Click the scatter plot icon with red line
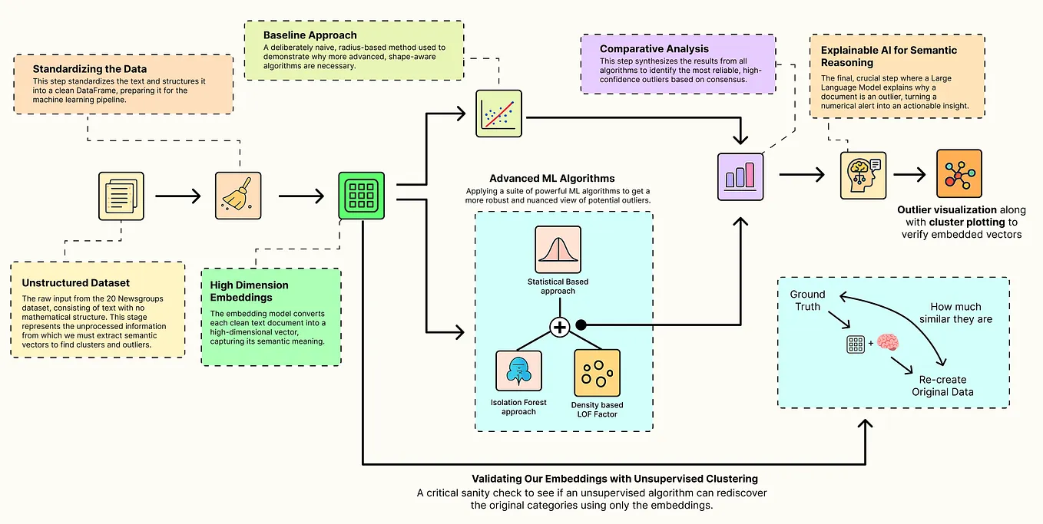[x=498, y=114]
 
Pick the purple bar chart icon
[x=740, y=176]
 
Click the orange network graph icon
[x=959, y=174]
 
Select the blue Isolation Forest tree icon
[x=518, y=373]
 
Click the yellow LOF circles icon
[x=597, y=373]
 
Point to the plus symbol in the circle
[x=559, y=327]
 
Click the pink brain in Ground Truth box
[x=888, y=344]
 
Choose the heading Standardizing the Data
[x=89, y=69]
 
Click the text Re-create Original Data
[x=942, y=385]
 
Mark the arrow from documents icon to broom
[x=177, y=196]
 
